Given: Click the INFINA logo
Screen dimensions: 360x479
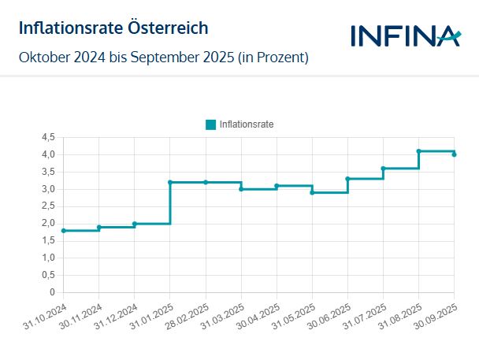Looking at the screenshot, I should click(404, 35).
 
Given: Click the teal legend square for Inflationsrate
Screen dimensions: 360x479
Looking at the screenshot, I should click(210, 124).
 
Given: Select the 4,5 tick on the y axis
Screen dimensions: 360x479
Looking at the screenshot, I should click(47, 137).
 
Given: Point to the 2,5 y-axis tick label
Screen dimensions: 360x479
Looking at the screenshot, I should click(47, 206).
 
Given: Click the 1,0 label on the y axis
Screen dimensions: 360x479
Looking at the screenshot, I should click(47, 258).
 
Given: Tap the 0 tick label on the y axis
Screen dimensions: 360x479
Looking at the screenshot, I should click(52, 292).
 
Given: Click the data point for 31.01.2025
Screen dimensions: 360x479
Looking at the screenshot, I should click(170, 182).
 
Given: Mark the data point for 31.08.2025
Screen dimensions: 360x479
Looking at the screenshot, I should click(419, 151).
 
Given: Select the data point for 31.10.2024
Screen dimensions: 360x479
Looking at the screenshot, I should click(64, 231).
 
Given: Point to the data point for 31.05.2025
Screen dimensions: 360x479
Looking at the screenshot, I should click(312, 192).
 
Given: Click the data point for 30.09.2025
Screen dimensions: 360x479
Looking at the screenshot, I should click(455, 154).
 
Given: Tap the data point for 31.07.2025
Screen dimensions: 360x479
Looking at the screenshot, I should click(383, 168).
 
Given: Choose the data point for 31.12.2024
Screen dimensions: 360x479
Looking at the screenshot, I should click(135, 224).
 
